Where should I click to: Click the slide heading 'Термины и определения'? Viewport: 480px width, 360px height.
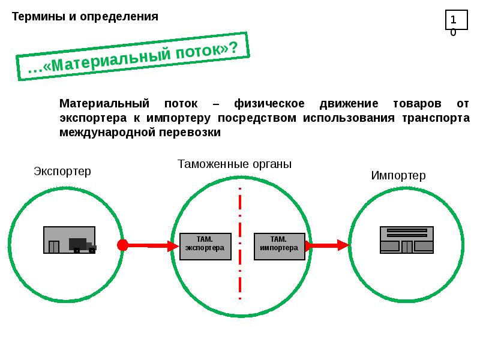click(x=85, y=16)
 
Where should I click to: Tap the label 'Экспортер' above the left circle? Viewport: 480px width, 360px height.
click(x=62, y=172)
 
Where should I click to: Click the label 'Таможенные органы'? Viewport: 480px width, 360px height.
click(x=235, y=164)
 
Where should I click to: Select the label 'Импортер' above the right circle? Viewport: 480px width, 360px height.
click(x=398, y=175)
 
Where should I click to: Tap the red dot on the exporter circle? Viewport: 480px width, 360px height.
click(x=123, y=245)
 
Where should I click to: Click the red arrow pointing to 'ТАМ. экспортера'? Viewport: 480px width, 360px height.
click(x=153, y=245)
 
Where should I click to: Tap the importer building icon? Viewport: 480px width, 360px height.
click(x=407, y=240)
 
